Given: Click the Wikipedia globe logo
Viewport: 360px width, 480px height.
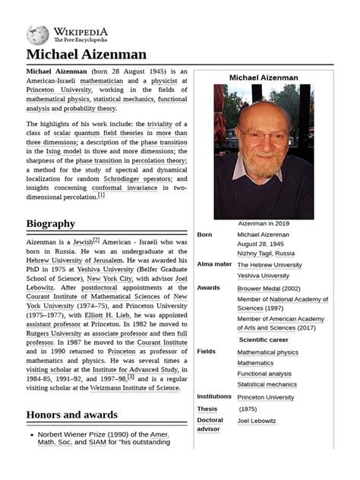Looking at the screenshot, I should pos(37,35).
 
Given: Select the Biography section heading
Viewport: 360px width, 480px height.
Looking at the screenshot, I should pos(50,223).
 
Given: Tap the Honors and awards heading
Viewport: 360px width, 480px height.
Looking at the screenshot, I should pos(71,415).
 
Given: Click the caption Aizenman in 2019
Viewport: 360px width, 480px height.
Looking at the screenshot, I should pos(264,224).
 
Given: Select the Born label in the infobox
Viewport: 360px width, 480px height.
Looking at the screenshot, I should pos(204,235).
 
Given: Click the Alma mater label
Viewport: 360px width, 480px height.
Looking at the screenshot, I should pos(214,264).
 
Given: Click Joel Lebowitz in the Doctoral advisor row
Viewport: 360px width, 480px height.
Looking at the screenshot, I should pos(257,421).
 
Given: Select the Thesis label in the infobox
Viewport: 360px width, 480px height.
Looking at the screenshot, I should pos(208,409).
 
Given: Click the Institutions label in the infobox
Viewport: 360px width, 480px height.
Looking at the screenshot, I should pos(214,396).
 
